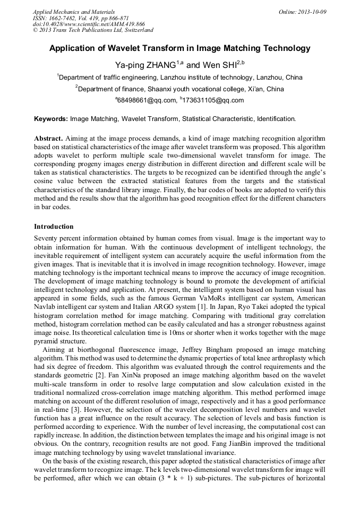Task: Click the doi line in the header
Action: pos(89,24)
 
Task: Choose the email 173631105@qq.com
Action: pos(213,100)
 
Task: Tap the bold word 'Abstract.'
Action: pos(49,137)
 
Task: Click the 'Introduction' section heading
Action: pos(54,227)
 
